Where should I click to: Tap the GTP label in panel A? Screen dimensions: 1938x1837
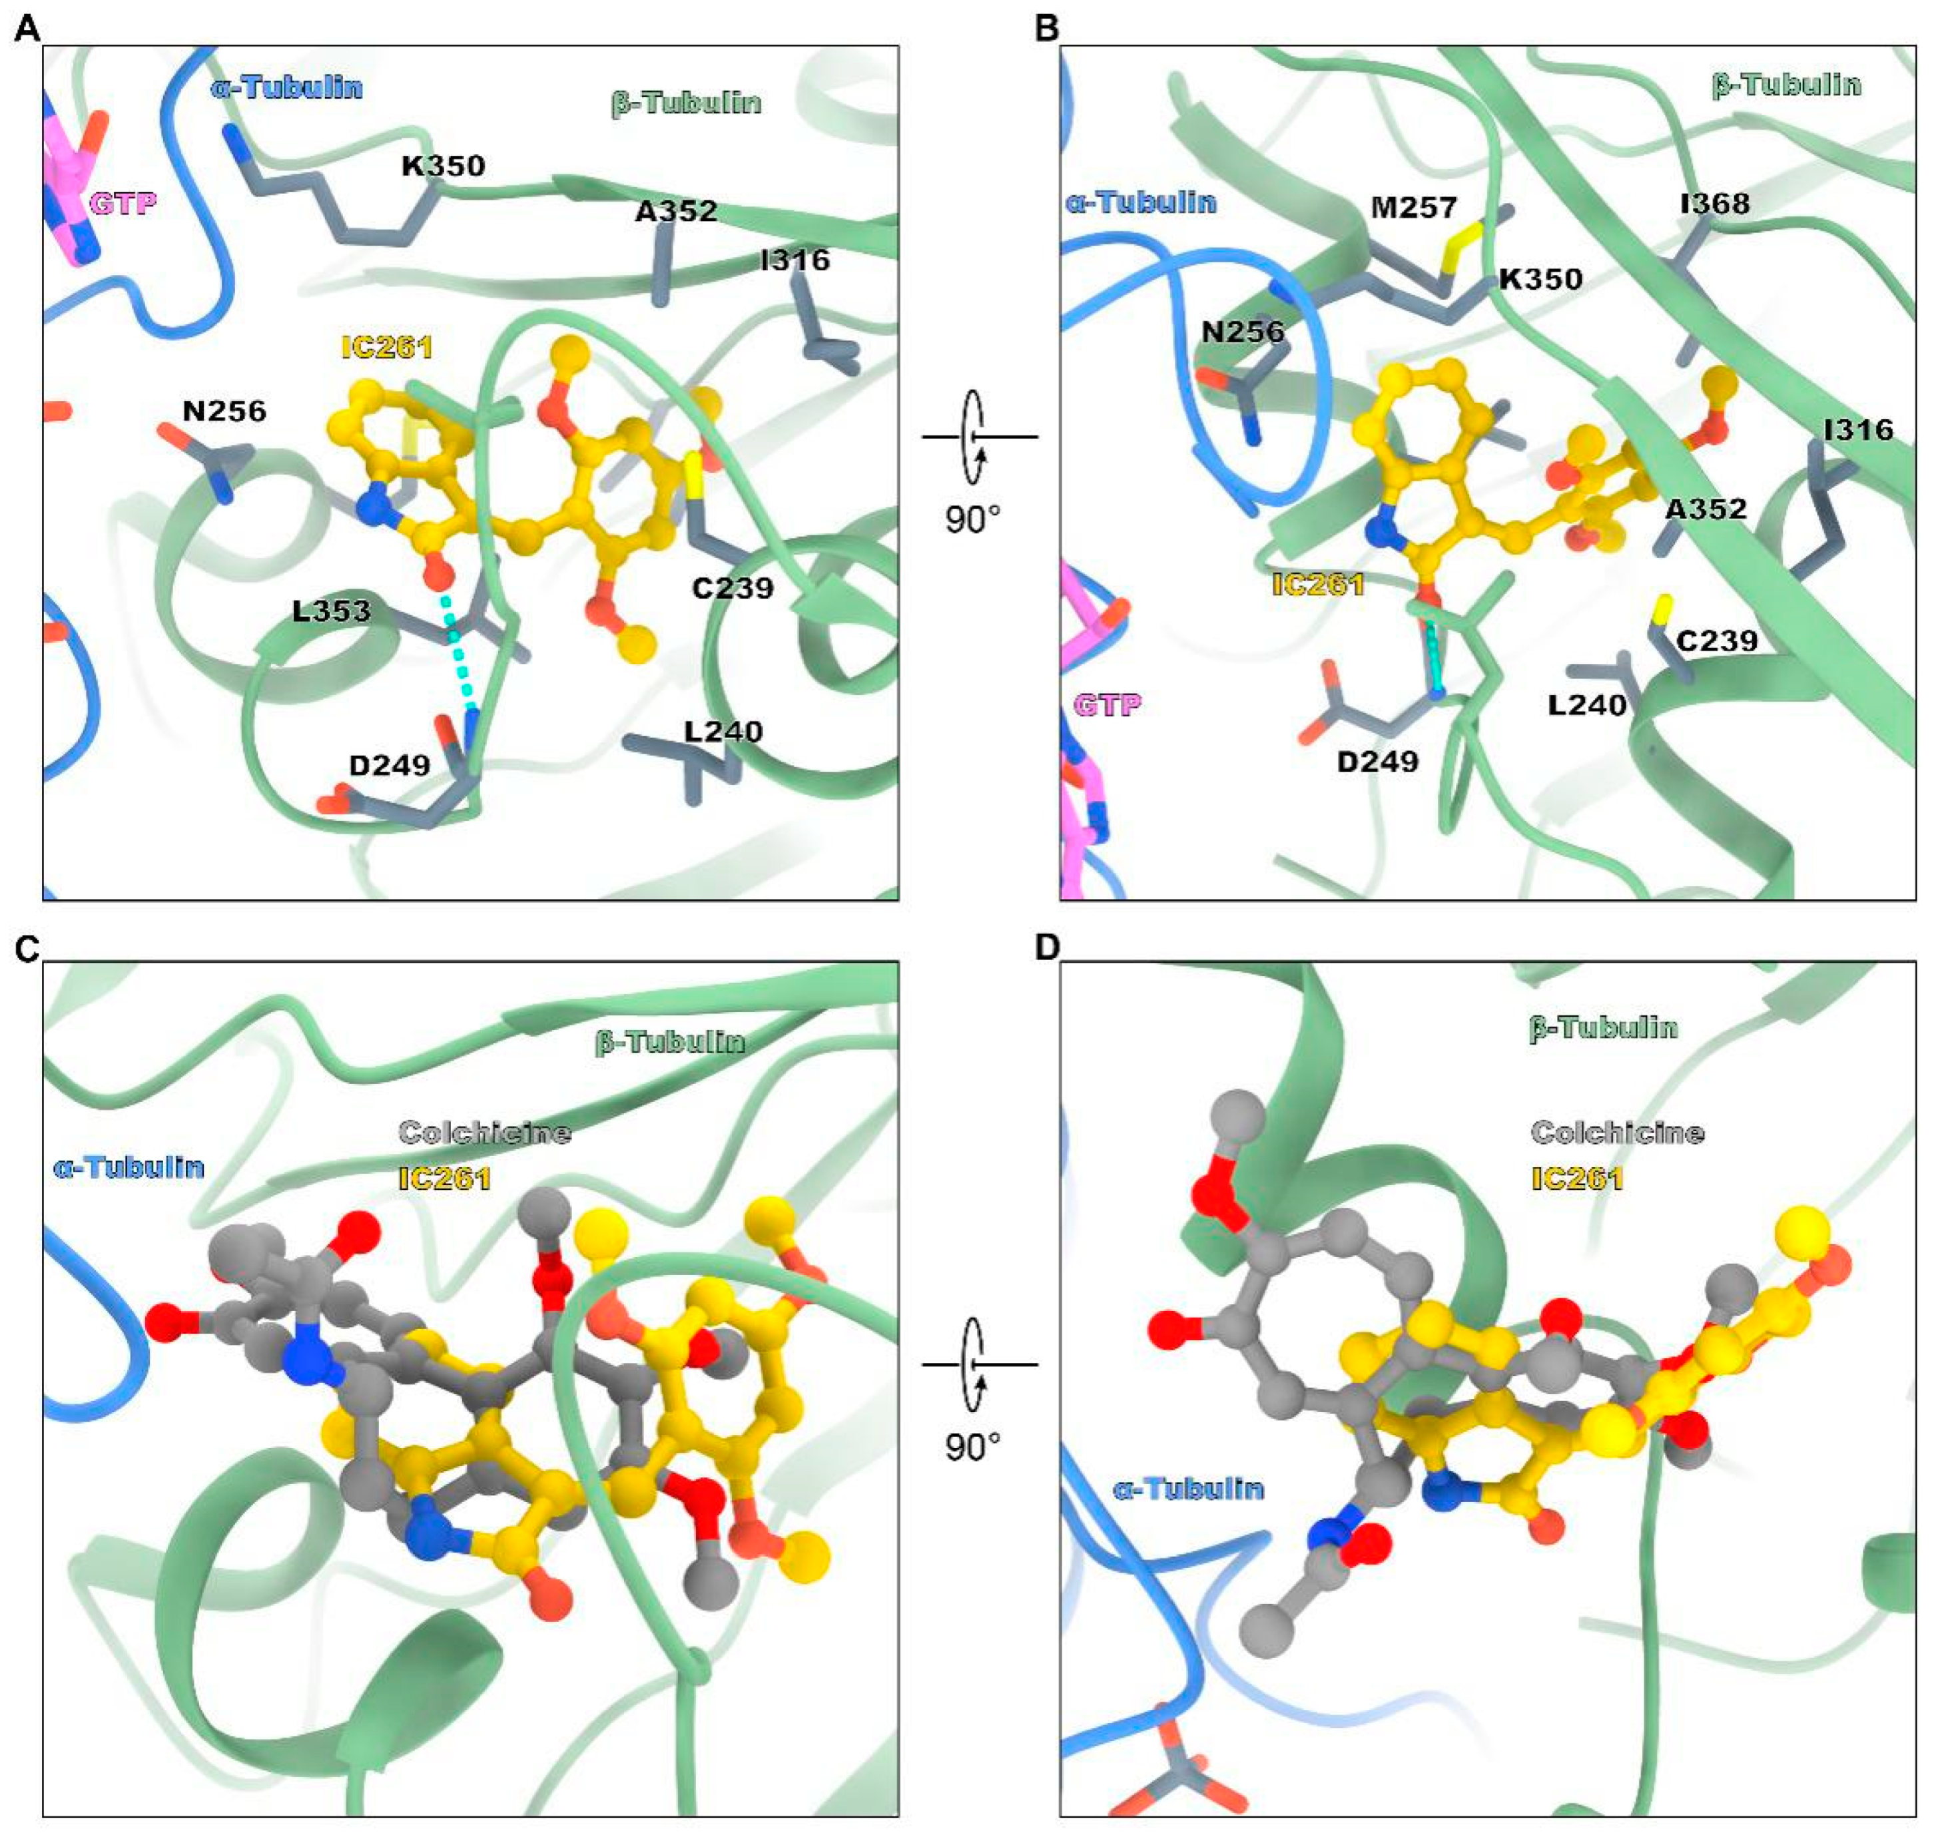coord(123,204)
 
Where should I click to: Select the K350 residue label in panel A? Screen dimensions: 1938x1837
coord(443,166)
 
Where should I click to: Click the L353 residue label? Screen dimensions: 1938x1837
coord(332,611)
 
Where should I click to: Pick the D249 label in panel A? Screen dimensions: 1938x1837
coord(390,765)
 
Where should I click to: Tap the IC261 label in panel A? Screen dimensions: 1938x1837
coord(387,347)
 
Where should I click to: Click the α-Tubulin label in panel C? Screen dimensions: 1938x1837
coord(129,1167)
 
